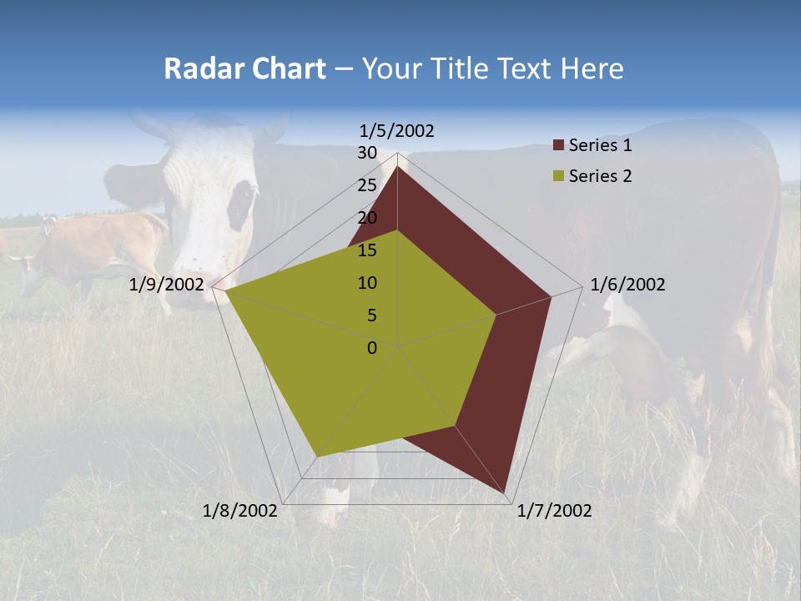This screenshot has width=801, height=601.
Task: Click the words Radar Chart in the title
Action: point(244,68)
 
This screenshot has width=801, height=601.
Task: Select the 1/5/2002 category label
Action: point(396,130)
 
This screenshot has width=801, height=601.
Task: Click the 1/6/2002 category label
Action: point(627,285)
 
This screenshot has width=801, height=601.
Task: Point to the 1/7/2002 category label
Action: point(554,511)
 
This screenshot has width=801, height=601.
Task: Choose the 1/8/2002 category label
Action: point(239,511)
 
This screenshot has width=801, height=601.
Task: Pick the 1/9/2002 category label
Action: point(166,285)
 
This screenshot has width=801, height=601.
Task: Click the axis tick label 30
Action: point(367,153)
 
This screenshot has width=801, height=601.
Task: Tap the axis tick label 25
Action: point(367,185)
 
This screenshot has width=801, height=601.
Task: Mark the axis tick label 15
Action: point(367,250)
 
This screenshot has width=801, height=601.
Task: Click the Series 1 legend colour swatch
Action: point(558,146)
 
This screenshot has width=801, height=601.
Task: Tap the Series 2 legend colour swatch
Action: point(558,176)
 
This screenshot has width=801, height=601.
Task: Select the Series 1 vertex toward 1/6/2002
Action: point(551,296)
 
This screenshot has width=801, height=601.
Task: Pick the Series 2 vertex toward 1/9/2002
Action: point(224,290)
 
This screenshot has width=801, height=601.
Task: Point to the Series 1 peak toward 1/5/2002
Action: point(397,167)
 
